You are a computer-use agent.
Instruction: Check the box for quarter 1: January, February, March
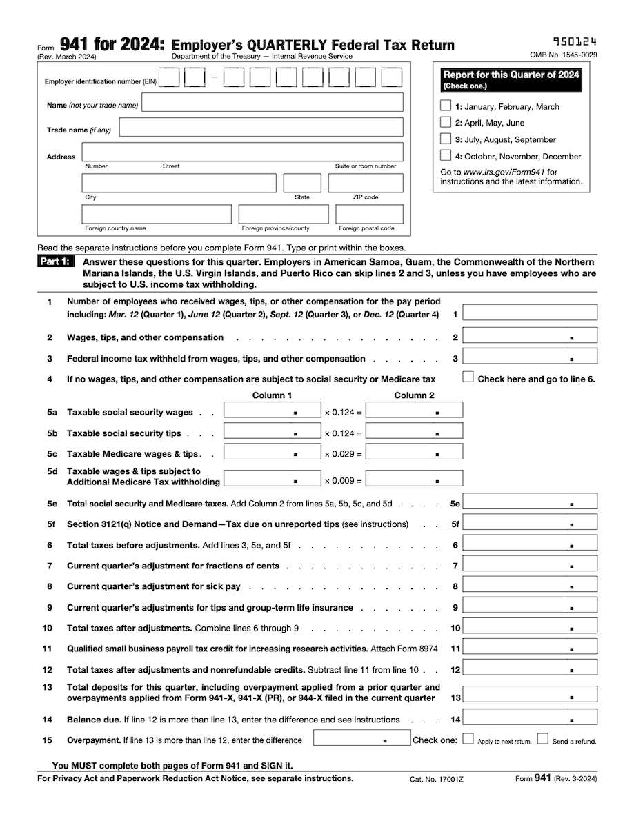[446, 106]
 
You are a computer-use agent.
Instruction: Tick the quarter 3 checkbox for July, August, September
[446, 139]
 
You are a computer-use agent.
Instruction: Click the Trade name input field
[261, 128]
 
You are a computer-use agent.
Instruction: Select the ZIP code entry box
[366, 183]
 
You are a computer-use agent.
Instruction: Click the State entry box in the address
[302, 183]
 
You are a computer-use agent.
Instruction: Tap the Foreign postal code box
[366, 214]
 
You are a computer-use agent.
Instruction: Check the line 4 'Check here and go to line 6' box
[468, 377]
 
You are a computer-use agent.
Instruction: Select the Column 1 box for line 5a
[273, 412]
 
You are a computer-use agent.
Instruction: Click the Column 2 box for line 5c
[415, 454]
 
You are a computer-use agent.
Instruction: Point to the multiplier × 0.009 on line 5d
[342, 480]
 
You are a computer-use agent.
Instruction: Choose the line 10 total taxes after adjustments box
[530, 628]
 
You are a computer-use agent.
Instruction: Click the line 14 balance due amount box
[530, 719]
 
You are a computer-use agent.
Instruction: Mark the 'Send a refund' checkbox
[542, 740]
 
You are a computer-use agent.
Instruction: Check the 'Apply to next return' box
[468, 740]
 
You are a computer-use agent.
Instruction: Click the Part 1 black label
[55, 262]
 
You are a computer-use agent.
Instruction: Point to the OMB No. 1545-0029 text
[563, 55]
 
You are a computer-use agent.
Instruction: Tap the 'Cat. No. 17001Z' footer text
[436, 779]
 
